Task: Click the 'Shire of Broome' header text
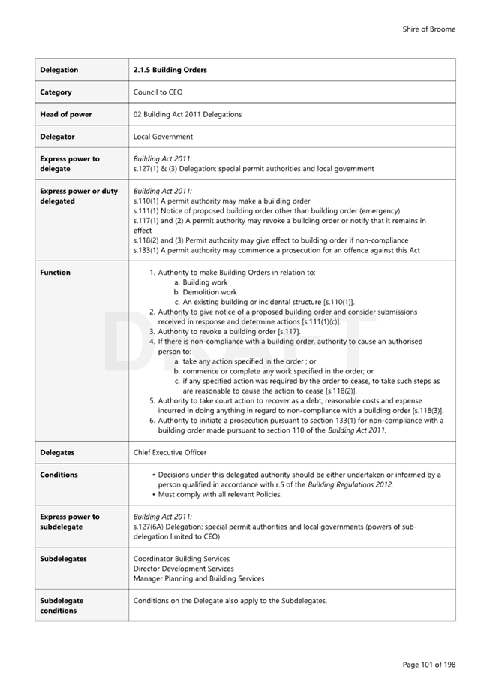428,29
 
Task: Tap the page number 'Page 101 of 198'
428,664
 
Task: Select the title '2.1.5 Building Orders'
170,70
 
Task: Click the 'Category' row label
56,92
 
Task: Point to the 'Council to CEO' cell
158,92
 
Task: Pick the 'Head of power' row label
66,115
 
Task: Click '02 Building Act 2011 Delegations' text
188,115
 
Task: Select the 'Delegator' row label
57,137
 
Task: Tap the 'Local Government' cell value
163,137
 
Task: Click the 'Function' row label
56,273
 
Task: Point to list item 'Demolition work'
209,292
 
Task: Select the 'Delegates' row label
58,453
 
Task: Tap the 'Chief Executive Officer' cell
170,453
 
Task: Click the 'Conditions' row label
59,475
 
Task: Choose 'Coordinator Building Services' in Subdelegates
182,559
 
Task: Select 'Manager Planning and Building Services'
198,578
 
